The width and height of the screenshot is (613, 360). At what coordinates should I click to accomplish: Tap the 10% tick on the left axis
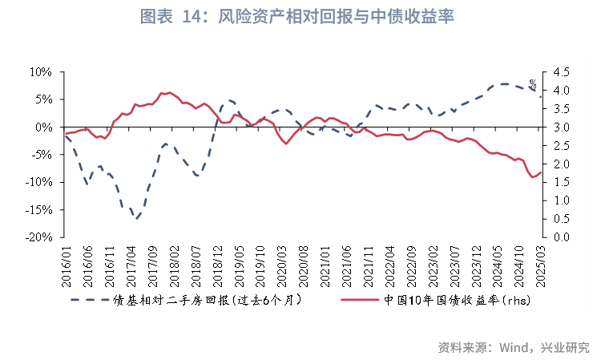point(41,72)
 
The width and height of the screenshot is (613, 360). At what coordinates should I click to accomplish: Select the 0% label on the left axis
point(43,127)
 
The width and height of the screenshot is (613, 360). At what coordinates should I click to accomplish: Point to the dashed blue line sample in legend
point(89,301)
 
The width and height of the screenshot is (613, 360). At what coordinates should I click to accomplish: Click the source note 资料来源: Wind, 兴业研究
point(513,347)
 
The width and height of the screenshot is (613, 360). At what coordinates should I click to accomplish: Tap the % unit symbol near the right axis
point(533,83)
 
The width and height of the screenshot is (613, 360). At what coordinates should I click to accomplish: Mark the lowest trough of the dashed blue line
point(136,218)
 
